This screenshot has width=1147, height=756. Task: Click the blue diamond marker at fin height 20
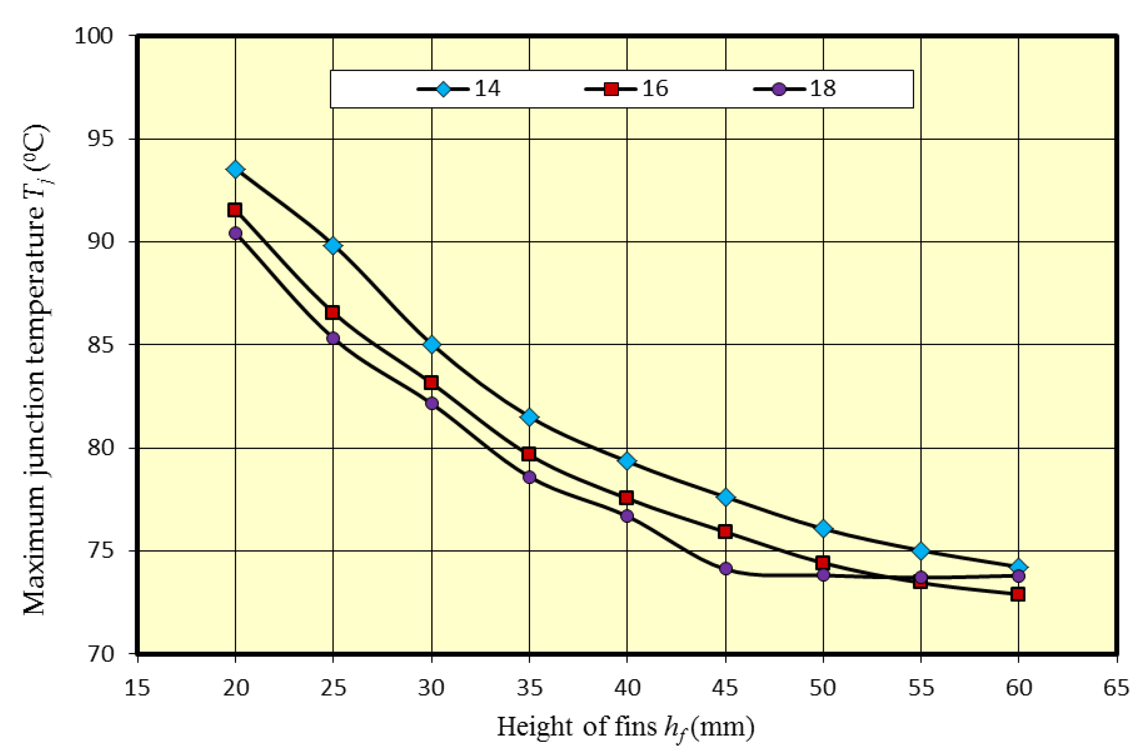pos(235,169)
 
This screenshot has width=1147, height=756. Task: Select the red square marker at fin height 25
pos(332,313)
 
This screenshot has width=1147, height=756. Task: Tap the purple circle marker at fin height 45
pos(726,569)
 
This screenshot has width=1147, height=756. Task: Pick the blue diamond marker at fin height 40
pos(627,461)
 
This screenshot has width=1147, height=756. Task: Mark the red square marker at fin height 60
pos(1018,594)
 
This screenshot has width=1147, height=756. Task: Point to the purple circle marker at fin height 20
pos(235,233)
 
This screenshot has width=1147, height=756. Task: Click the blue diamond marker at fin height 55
pos(921,551)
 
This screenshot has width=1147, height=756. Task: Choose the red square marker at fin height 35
pos(529,454)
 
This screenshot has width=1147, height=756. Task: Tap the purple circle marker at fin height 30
pos(432,403)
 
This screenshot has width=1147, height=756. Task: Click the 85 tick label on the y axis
pos(100,345)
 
